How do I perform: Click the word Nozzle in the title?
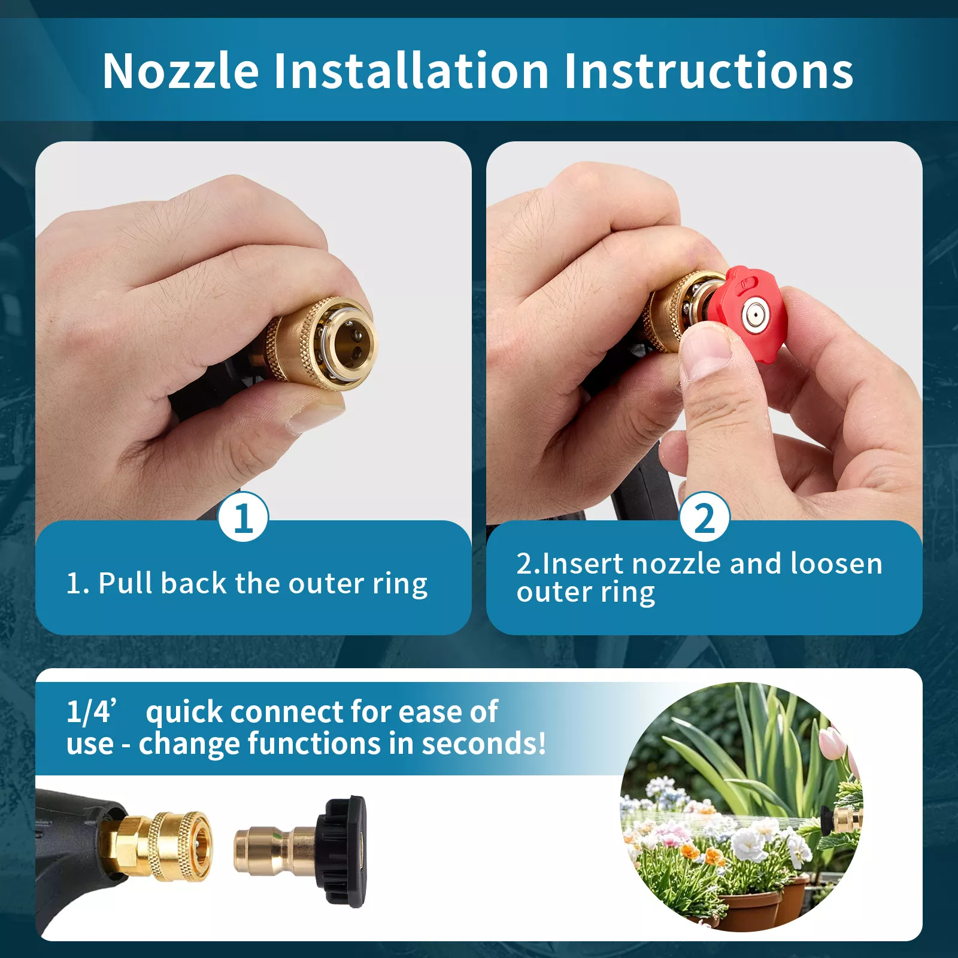(x=181, y=71)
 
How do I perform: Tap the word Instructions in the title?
(x=708, y=71)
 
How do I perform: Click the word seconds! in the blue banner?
(x=484, y=743)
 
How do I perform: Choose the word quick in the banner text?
(x=185, y=713)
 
